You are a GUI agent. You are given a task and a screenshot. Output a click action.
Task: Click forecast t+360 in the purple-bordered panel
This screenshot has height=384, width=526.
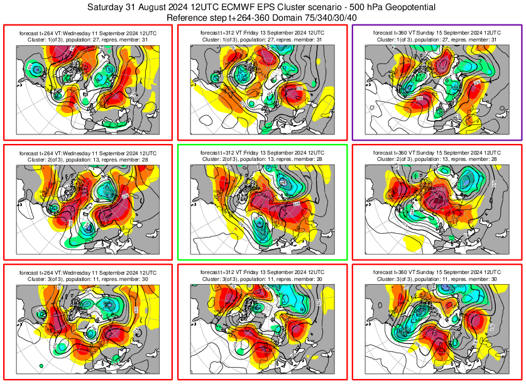(x=390, y=31)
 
